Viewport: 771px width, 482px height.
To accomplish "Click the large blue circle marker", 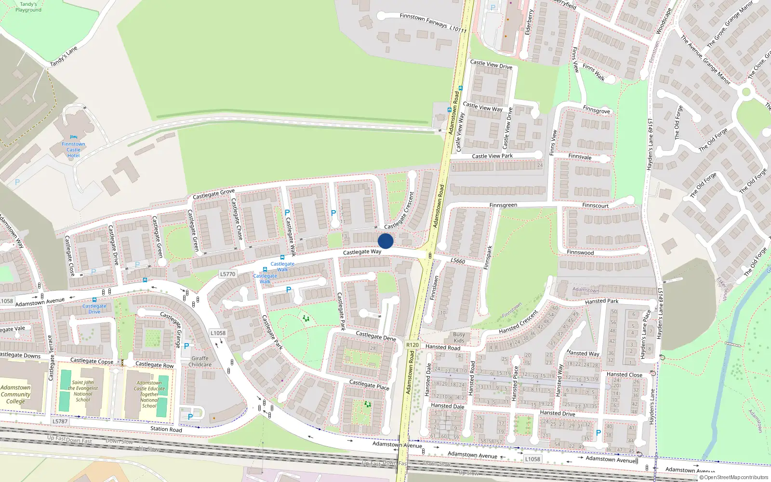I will pos(385,241).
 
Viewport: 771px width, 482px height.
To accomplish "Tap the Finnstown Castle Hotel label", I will pos(73,150).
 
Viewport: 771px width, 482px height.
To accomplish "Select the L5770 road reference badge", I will pos(227,274).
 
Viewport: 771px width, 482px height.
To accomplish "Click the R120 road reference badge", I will pos(412,345).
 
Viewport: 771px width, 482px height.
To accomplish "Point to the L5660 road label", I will pos(458,261).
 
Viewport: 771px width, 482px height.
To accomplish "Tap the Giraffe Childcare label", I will pos(200,361).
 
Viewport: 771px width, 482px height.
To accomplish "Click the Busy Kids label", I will pos(459,337).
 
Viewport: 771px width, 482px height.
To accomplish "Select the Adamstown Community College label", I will pos(15,394).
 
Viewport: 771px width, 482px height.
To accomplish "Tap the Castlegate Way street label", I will pos(362,252).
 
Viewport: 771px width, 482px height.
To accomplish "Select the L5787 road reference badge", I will pos(60,421).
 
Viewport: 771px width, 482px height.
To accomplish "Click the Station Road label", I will pos(166,429).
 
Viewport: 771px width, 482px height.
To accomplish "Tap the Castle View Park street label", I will pos(492,156).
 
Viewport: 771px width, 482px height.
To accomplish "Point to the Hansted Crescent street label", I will pos(518,322).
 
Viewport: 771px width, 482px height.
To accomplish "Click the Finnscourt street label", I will pos(595,205).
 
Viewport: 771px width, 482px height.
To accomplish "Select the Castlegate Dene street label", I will pos(376,336).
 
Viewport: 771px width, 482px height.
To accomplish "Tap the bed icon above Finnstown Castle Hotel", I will pos(73,137).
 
